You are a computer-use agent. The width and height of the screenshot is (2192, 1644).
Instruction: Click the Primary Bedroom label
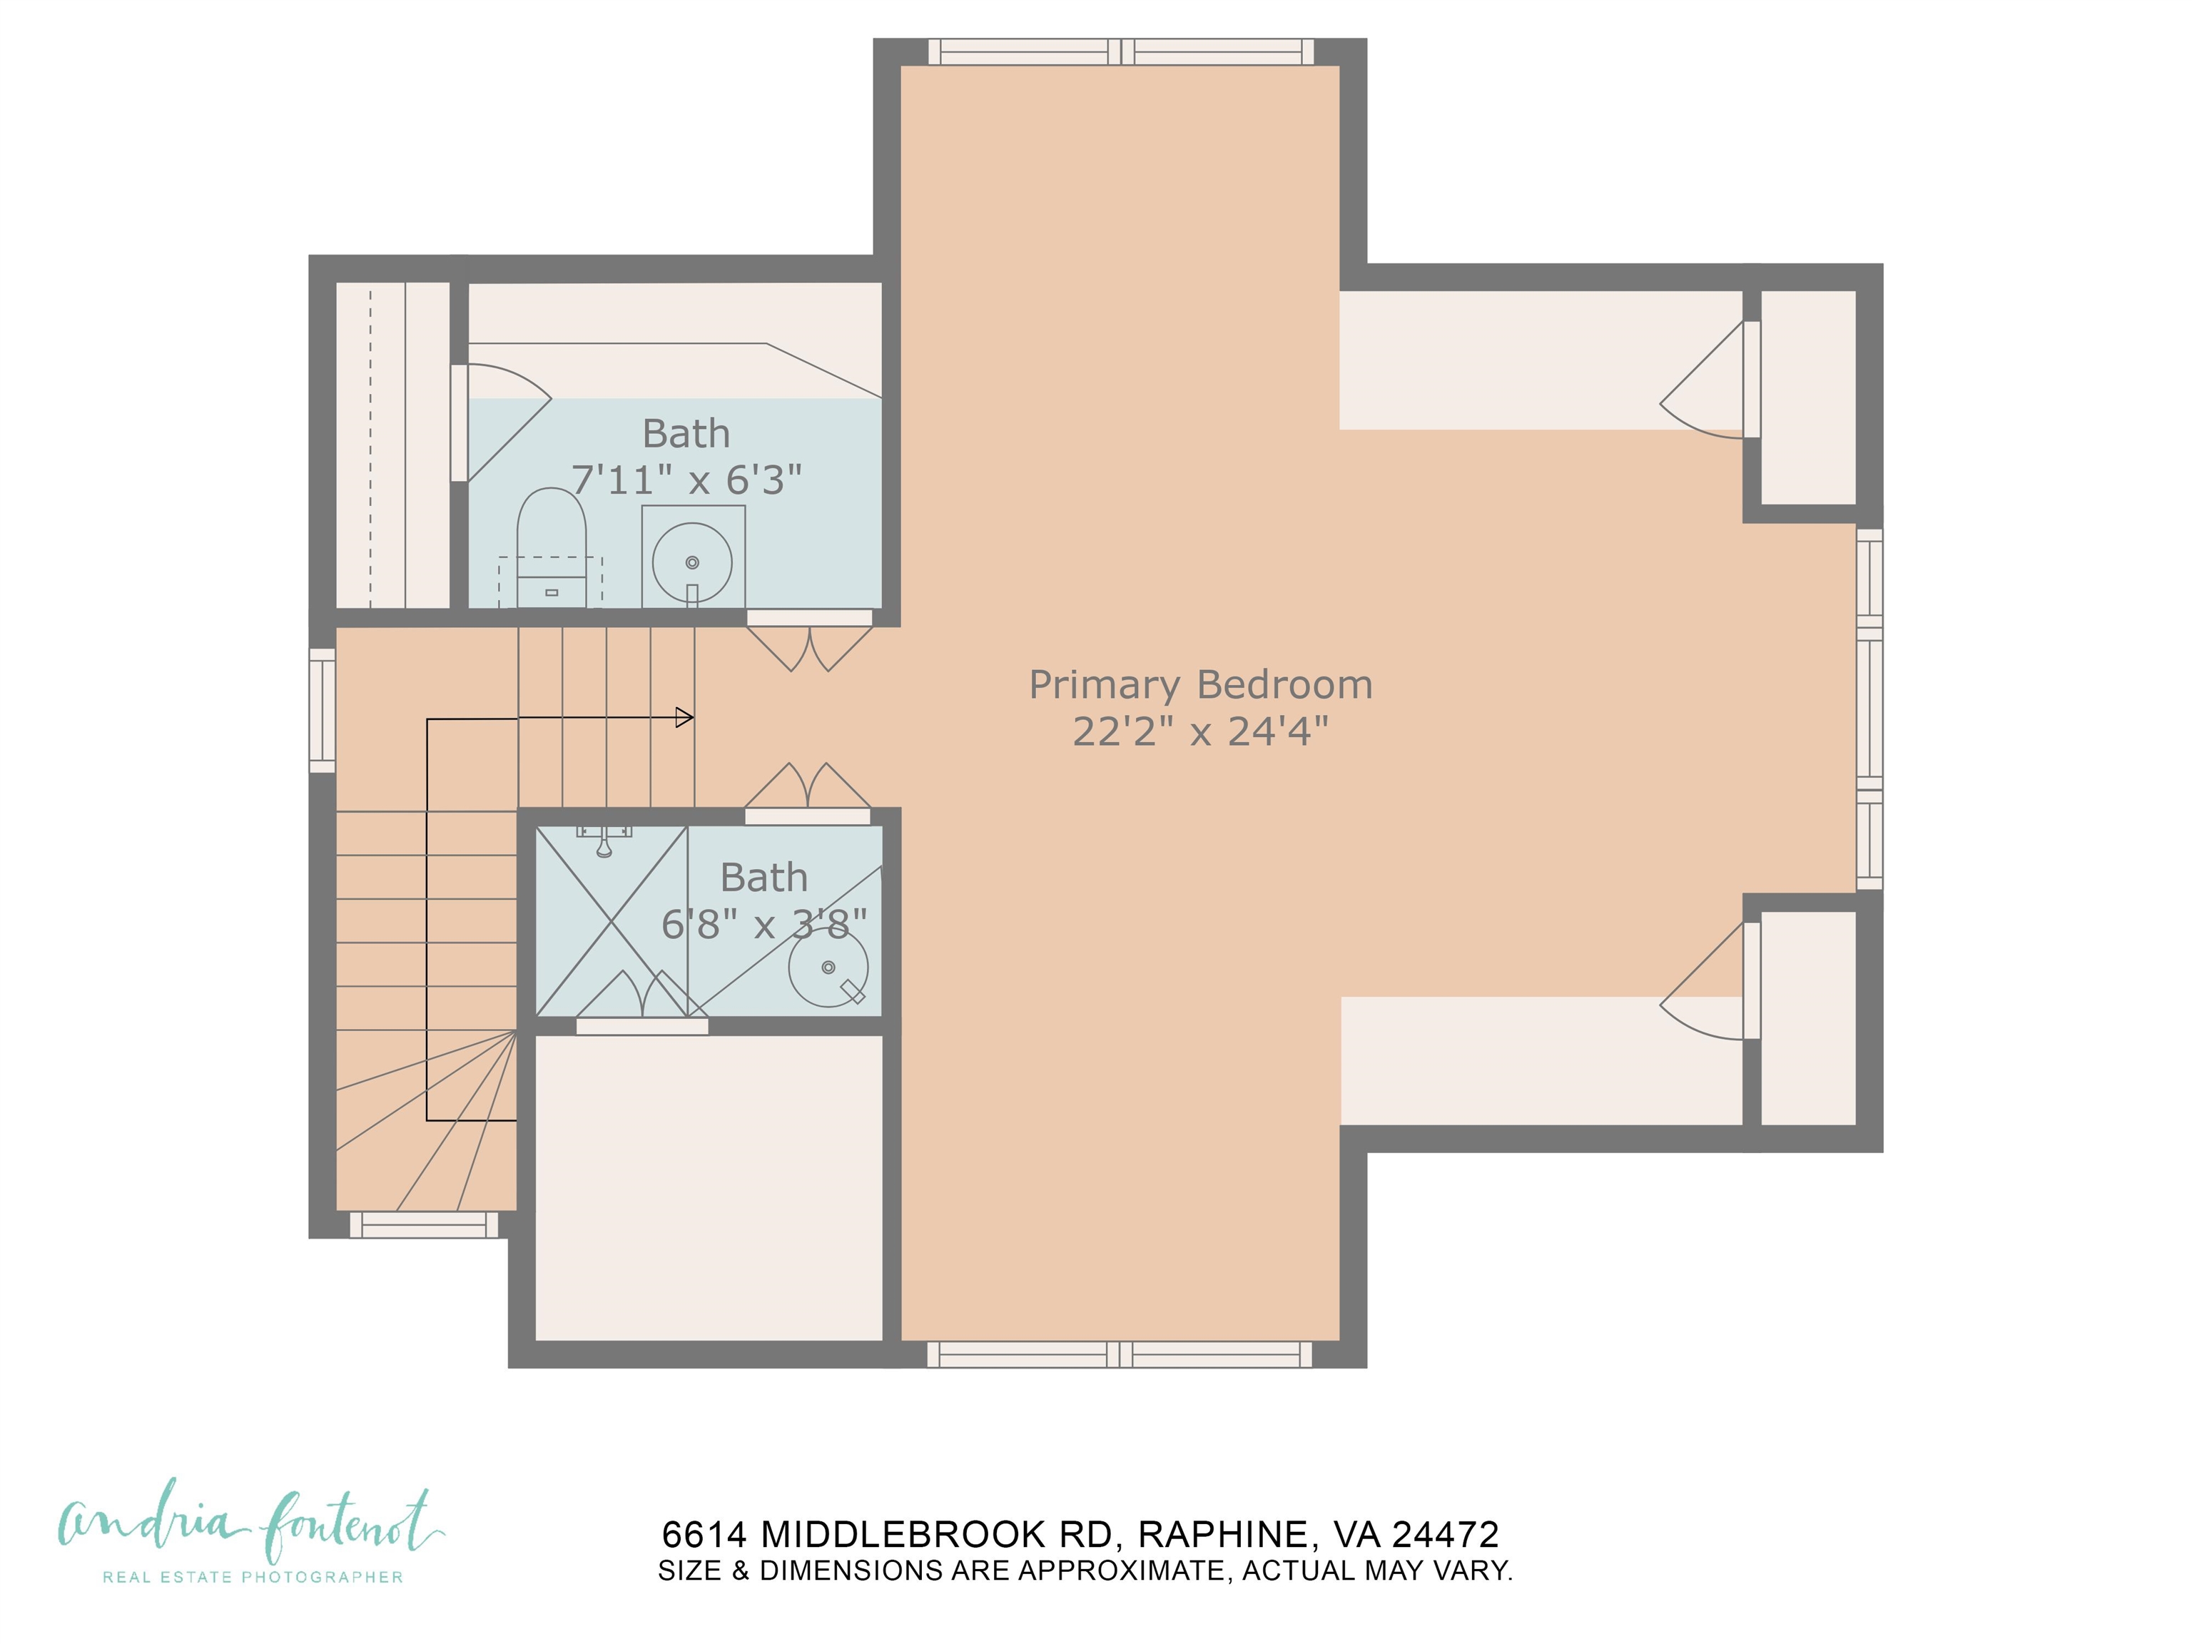[x=1200, y=685]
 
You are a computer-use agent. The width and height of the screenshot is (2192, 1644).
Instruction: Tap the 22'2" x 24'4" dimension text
[x=1200, y=731]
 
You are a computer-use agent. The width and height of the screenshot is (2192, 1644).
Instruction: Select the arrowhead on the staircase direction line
[x=684, y=716]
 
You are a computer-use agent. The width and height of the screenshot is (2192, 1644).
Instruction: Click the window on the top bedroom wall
[x=1121, y=51]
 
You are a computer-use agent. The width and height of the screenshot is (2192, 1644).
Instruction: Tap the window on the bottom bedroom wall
[x=1120, y=1354]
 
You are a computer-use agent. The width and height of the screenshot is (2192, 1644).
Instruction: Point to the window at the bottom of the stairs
[x=423, y=1225]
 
